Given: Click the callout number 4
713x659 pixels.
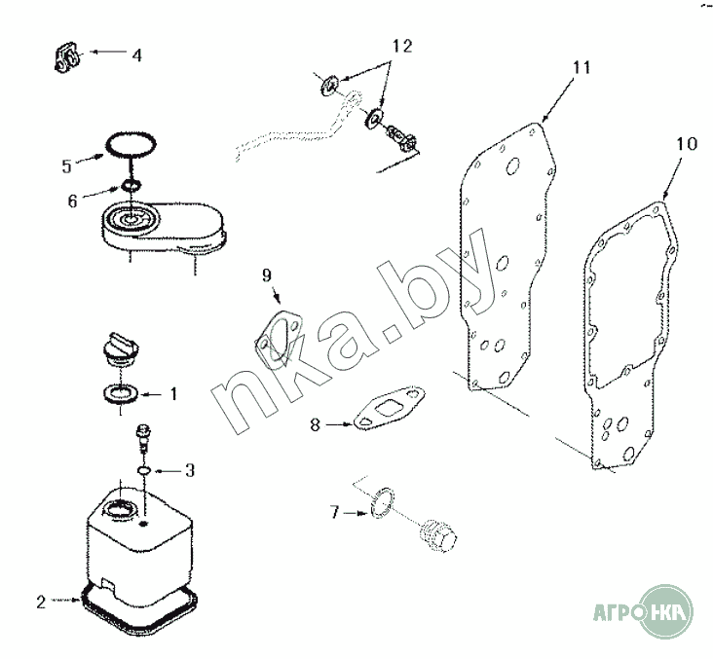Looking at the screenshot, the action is click(x=137, y=55).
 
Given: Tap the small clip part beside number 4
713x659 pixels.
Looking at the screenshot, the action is click(x=67, y=57).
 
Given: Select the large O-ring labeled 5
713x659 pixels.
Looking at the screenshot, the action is click(x=131, y=145).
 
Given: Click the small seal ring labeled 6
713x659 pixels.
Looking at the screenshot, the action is click(x=131, y=185).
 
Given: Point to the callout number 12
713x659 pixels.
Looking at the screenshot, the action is click(x=402, y=46).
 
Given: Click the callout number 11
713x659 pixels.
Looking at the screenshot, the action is click(x=581, y=67).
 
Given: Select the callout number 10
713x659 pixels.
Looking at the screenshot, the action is click(x=686, y=144).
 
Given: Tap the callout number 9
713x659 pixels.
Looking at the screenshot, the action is click(x=267, y=275).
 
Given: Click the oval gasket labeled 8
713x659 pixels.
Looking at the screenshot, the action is click(x=390, y=408).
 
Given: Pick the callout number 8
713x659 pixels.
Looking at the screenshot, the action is click(x=316, y=425).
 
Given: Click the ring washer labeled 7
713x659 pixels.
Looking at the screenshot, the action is click(x=381, y=502).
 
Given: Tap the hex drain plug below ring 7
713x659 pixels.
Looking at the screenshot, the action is click(x=436, y=536).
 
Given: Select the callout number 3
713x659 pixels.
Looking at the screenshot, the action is click(x=190, y=470).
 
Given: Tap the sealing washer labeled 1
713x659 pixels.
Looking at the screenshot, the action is click(x=120, y=393).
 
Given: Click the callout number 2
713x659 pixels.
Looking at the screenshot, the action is click(x=41, y=603).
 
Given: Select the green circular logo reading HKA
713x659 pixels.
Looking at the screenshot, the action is click(x=666, y=611).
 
